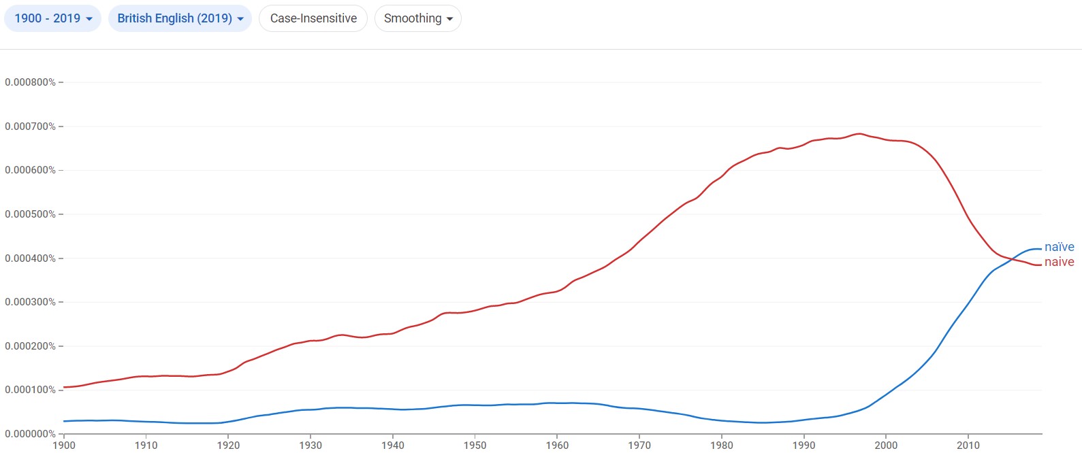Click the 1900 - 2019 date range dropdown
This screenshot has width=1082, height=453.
(52, 18)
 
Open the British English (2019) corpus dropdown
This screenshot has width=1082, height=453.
(180, 18)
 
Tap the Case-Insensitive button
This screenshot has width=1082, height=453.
(313, 18)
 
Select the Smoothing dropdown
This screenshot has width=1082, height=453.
(417, 18)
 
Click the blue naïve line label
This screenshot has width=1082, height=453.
(1059, 247)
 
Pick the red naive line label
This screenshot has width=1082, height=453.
(1059, 262)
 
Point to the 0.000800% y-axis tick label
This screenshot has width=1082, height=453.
(31, 82)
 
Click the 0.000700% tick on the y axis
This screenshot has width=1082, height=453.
(31, 127)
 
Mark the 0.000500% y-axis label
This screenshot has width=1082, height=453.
(31, 214)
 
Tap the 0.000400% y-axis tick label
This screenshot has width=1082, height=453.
(31, 258)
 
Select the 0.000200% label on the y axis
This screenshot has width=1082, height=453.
(31, 346)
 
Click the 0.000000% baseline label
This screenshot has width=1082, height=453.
(31, 434)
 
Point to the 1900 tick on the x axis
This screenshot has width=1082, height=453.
(64, 446)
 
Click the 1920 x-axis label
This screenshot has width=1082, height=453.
(228, 446)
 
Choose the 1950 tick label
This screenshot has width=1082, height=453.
(475, 446)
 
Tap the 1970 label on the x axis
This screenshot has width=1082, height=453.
(639, 446)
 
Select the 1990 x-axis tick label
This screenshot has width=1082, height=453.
(804, 446)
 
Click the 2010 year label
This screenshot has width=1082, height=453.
(968, 446)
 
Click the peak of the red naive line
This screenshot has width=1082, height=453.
(859, 133)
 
